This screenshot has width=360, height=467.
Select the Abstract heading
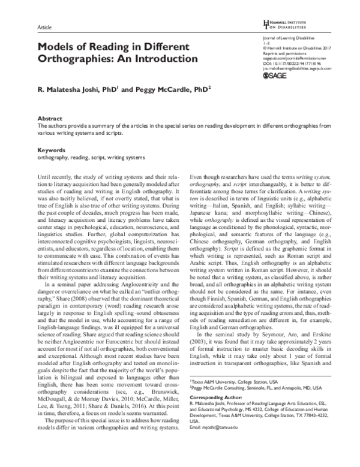(49, 119)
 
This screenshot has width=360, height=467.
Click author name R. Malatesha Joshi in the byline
(71, 91)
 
